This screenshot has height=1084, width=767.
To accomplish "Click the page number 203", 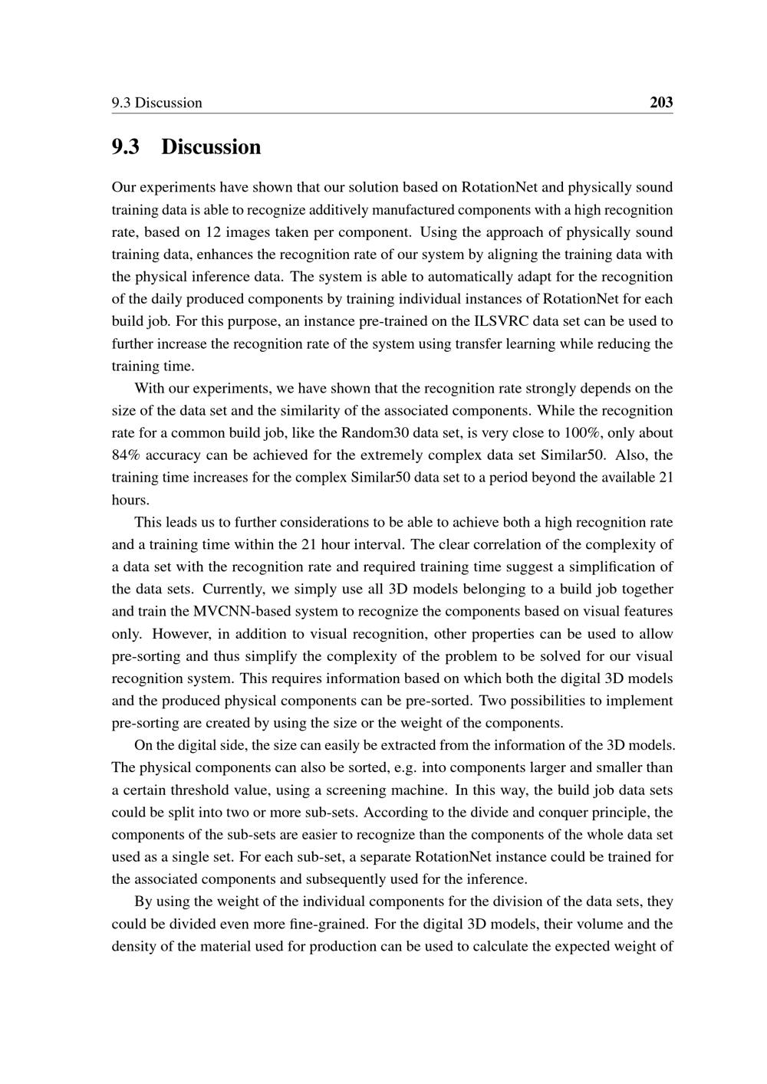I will coord(660,102).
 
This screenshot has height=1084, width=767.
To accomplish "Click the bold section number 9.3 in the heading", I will coord(125,146).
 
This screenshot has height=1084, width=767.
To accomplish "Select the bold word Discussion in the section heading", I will coord(211,146).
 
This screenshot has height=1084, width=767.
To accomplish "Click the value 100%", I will coord(580,432).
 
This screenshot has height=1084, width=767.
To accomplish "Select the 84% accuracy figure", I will coord(127,455).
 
